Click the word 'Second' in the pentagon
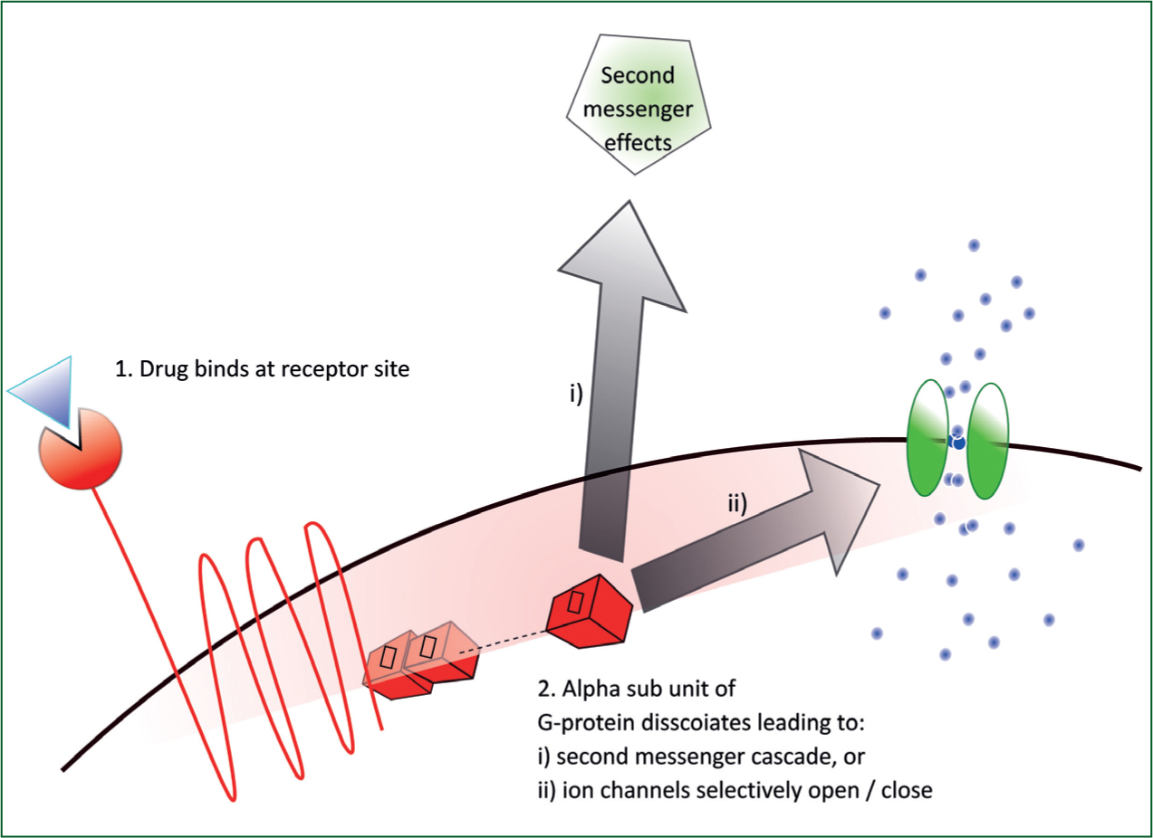(x=638, y=76)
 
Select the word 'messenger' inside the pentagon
(x=638, y=110)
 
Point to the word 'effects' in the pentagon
(x=638, y=142)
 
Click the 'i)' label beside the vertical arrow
(x=576, y=394)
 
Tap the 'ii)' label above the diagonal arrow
(x=737, y=503)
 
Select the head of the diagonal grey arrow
(x=838, y=509)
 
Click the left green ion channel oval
(x=927, y=438)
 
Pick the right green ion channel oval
(x=987, y=441)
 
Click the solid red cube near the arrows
(x=589, y=612)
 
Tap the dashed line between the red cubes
(x=503, y=642)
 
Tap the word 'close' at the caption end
(x=907, y=790)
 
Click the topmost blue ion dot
(x=974, y=245)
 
